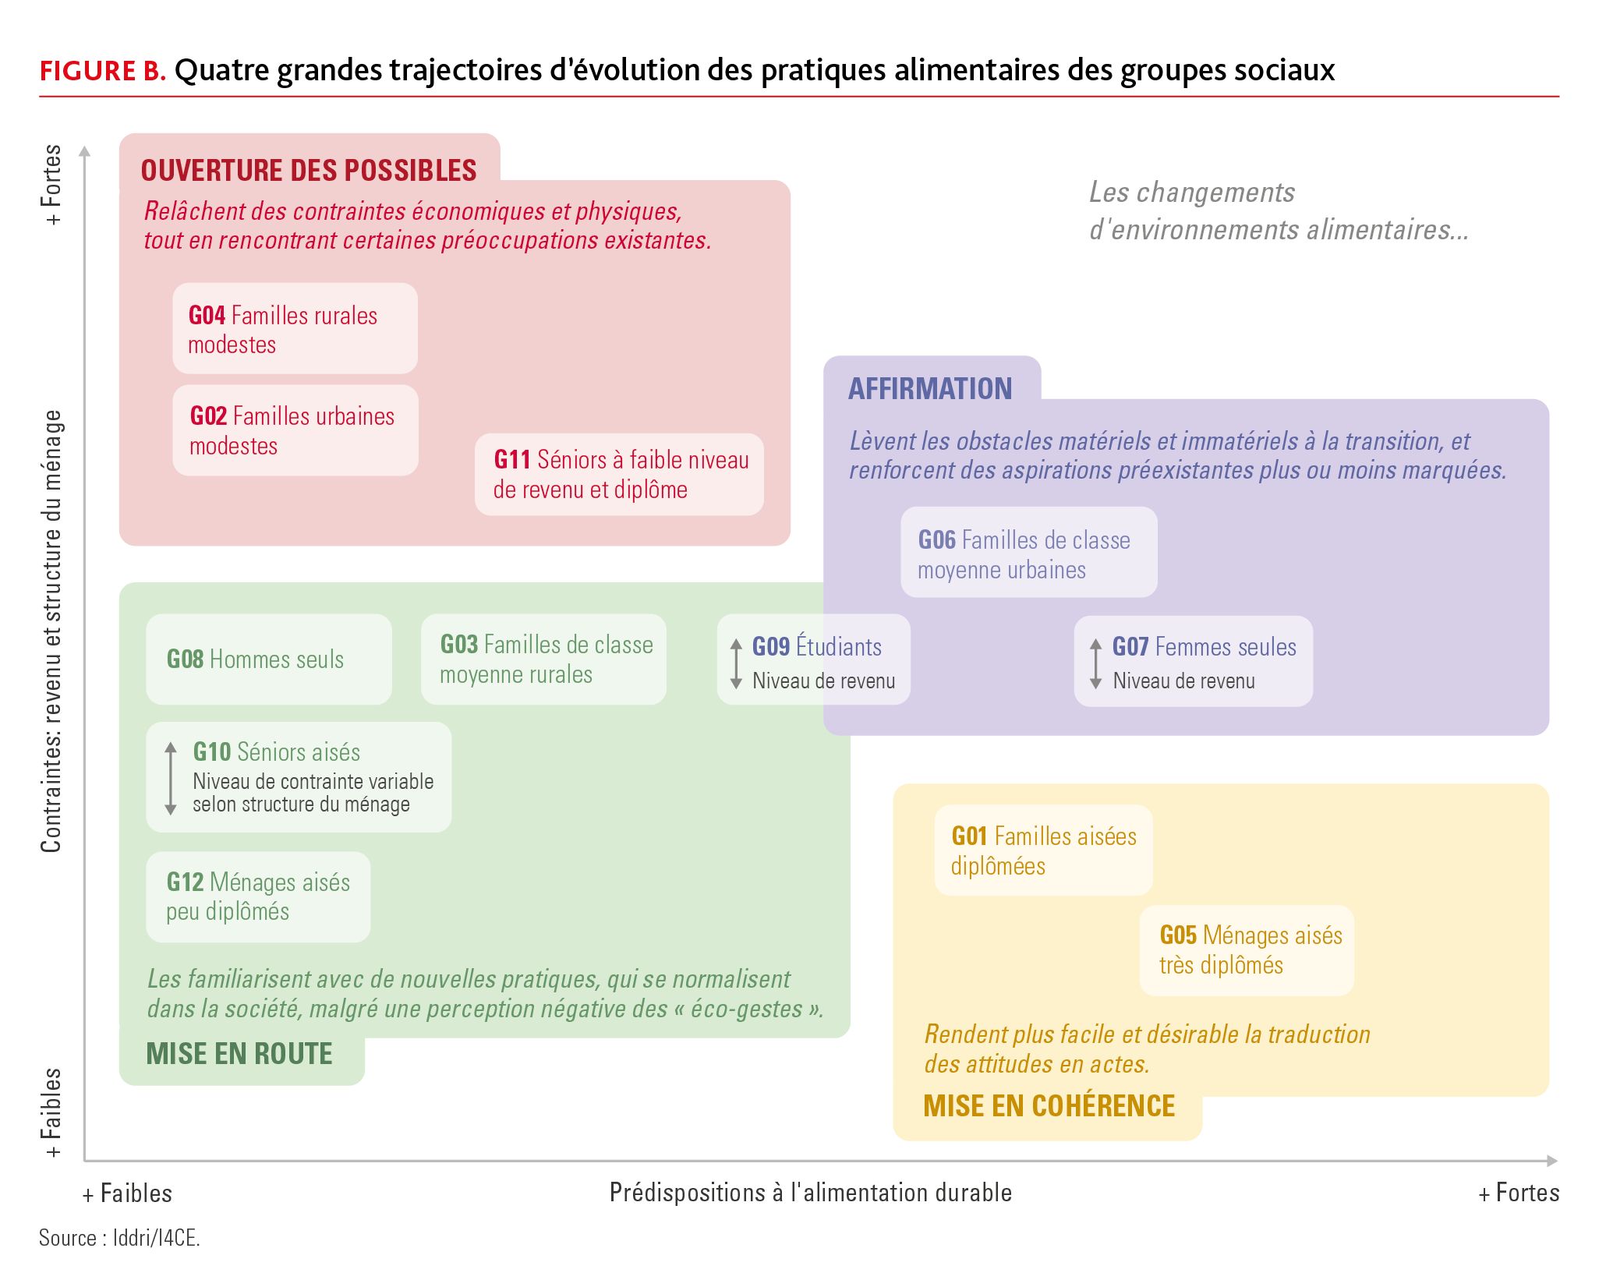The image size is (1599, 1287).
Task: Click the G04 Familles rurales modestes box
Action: pyautogui.click(x=295, y=328)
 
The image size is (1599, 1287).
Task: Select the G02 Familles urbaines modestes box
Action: pyautogui.click(x=295, y=430)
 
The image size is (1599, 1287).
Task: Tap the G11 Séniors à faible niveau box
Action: pyautogui.click(x=619, y=474)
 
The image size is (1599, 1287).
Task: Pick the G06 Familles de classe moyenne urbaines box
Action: pyautogui.click(x=1029, y=552)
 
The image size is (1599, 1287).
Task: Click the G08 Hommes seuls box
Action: pyautogui.click(x=269, y=659)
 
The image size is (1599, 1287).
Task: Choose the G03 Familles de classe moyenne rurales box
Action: pyautogui.click(x=543, y=659)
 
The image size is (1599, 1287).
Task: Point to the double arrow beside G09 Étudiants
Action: pyautogui.click(x=736, y=663)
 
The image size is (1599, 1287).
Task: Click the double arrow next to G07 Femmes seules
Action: pyautogui.click(x=1096, y=663)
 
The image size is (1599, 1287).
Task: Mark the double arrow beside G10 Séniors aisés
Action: pyautogui.click(x=171, y=778)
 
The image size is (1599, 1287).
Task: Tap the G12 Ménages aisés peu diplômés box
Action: pyautogui.click(x=258, y=896)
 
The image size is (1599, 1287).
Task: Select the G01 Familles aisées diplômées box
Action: pyautogui.click(x=1043, y=850)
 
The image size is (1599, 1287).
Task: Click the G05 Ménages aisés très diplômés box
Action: pyautogui.click(x=1247, y=950)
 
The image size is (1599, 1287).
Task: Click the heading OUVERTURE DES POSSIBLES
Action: pyautogui.click(x=309, y=171)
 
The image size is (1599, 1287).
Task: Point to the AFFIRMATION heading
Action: pyautogui.click(x=930, y=388)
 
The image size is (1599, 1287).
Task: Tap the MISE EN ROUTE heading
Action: pyautogui.click(x=239, y=1054)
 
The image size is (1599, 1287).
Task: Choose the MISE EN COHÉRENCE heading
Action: pyautogui.click(x=1049, y=1105)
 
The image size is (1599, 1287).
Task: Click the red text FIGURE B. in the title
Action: pyautogui.click(x=103, y=71)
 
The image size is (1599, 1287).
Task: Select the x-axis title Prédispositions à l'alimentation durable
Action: pyautogui.click(x=811, y=1193)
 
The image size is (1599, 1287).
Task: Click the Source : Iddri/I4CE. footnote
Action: pyautogui.click(x=120, y=1238)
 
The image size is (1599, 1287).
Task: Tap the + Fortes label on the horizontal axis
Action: pyautogui.click(x=1519, y=1193)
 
